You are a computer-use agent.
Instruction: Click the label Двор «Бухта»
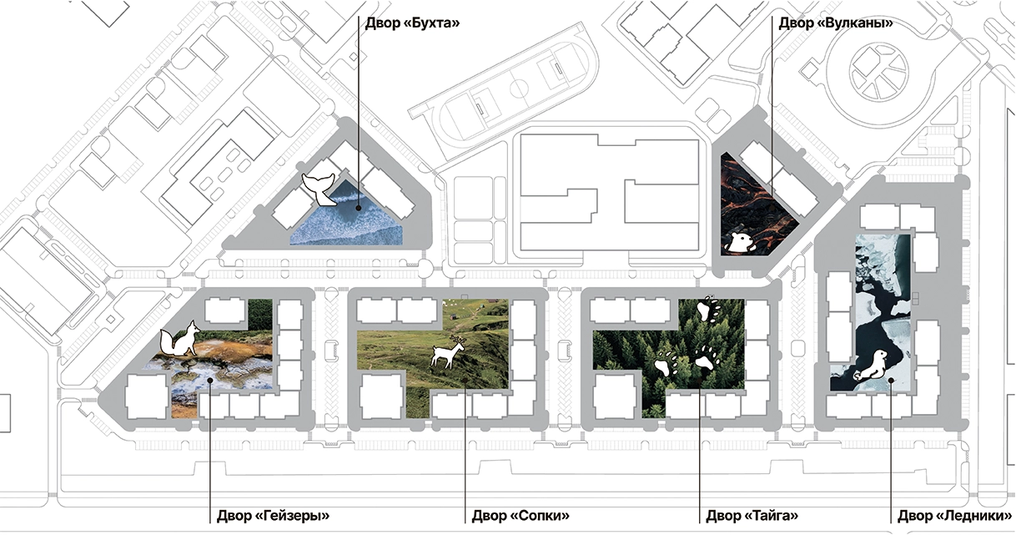coord(412,23)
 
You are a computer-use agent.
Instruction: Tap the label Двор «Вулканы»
coord(836,23)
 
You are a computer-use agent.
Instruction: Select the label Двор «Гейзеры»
coord(273,516)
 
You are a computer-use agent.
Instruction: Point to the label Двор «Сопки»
coord(521,516)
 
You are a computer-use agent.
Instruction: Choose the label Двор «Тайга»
coord(752,516)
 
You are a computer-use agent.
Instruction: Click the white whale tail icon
coord(319,189)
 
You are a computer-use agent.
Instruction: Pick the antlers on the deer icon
coord(458,340)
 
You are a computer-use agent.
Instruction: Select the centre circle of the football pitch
coord(519,88)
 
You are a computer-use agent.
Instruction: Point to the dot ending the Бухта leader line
coord(359,208)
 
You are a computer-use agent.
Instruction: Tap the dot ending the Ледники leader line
coord(891,380)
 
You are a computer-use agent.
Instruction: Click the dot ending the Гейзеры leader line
coord(210,380)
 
